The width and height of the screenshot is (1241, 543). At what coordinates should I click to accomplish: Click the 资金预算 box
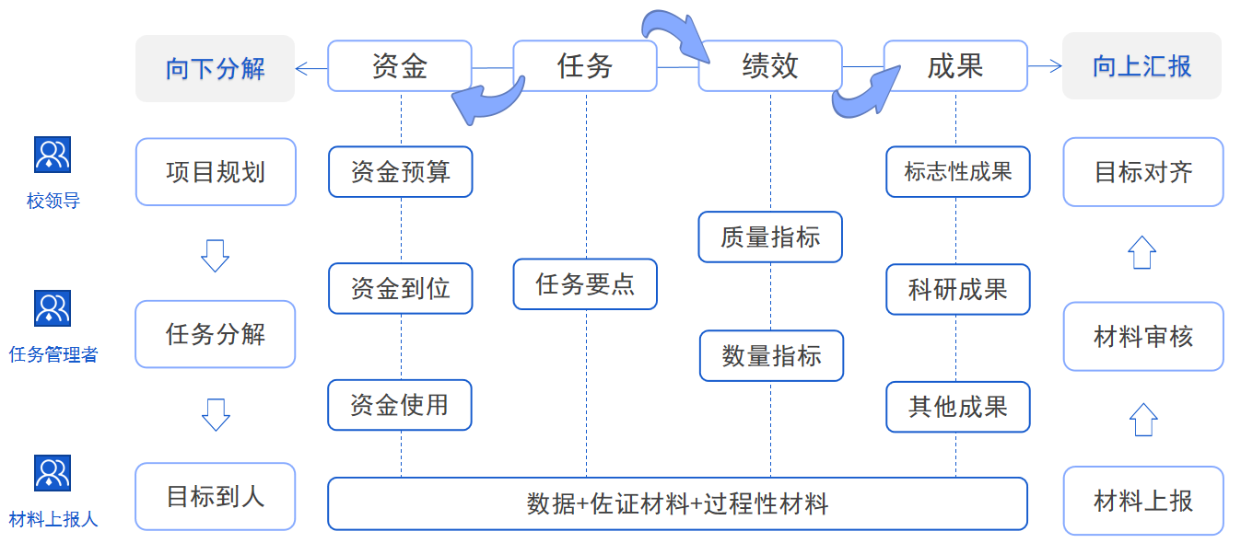coord(400,172)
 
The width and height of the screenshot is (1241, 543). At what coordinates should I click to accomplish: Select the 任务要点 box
coord(585,284)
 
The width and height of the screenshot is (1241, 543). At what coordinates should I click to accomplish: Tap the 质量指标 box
coord(770,237)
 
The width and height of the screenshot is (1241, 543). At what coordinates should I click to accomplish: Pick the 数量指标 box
coord(771,356)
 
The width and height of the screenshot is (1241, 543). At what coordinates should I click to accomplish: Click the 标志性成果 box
coord(957,172)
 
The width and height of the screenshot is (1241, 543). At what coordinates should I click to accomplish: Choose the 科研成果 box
coord(957,290)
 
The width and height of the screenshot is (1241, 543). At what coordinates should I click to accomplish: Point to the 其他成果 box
coord(957,407)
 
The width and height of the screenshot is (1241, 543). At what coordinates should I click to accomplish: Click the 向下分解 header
coord(215,68)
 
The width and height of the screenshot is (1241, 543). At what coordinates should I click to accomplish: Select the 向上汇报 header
coord(1141,66)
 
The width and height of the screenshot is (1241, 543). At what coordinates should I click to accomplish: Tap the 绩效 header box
coord(770,66)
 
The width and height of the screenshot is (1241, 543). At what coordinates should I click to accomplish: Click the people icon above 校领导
coord(53,155)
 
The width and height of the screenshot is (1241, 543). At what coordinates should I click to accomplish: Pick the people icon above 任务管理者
coord(53,308)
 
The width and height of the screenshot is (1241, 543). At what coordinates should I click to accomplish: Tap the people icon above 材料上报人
coord(53,472)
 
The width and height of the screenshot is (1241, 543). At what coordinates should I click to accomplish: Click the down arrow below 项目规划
coord(215,255)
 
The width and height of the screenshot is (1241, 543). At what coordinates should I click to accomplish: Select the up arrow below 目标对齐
coord(1142,252)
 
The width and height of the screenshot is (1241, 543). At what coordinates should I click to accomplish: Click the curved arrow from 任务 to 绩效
coord(677,33)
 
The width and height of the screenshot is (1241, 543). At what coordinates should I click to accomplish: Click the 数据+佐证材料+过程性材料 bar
coord(677,503)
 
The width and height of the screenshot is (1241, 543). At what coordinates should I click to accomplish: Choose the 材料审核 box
coord(1142,336)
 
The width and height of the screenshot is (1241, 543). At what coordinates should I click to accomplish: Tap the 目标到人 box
coord(215,497)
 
